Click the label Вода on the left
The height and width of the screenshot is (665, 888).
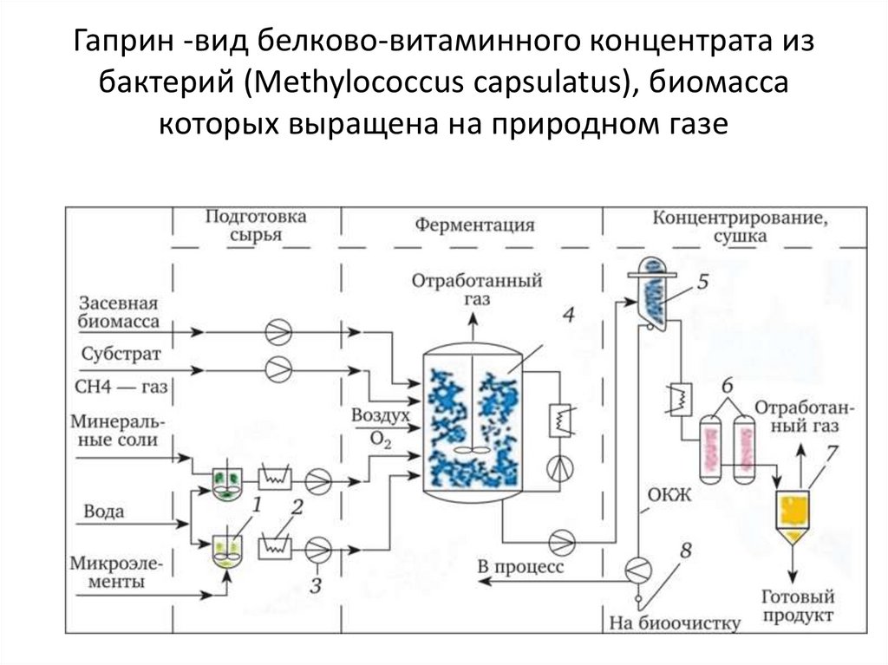(103, 512)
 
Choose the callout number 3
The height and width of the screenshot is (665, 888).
(316, 585)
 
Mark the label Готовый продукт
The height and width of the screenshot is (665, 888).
(797, 605)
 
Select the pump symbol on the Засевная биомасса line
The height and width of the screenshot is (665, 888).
(279, 331)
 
